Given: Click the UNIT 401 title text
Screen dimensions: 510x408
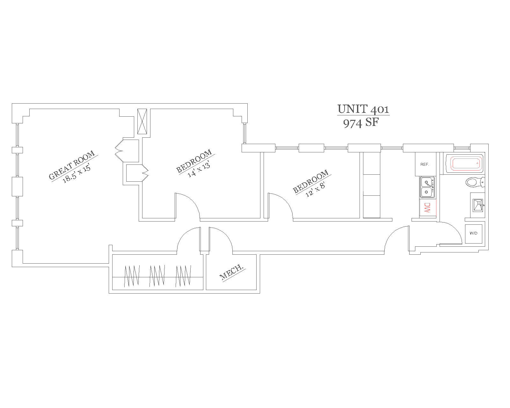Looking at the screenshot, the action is point(363,109).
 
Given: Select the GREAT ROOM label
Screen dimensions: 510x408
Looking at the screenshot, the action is point(72,165).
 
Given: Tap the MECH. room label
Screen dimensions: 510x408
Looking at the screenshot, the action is point(232,272).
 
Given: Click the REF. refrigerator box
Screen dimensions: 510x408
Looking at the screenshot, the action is point(425,164).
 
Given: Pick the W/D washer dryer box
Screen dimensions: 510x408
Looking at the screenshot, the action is point(473,234).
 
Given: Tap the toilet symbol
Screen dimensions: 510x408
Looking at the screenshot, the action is point(475,183).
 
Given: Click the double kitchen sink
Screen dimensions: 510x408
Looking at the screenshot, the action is point(427,187).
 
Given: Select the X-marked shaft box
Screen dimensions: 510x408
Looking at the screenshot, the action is point(142,121).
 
